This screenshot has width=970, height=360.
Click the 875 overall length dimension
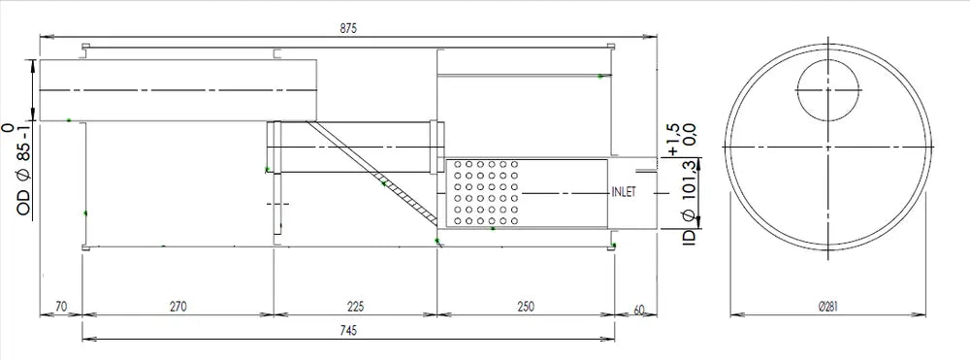pos(348,28)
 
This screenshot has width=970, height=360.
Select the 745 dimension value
pos(348,330)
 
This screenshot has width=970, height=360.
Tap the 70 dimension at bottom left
pos(60,306)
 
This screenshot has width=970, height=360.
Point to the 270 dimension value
pos(178,306)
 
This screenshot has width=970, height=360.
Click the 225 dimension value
pos(356,306)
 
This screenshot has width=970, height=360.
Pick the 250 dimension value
pos(526,306)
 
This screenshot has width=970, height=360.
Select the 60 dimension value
pos(639,310)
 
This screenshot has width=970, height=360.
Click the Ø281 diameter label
pos(827,306)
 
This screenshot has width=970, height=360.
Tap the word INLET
pos(623,192)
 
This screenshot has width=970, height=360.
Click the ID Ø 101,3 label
pos(688,200)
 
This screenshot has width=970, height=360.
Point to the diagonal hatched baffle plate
pos(373,173)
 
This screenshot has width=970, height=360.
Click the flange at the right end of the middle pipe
pos(438,147)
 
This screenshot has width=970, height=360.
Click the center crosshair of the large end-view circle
pos(827,147)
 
